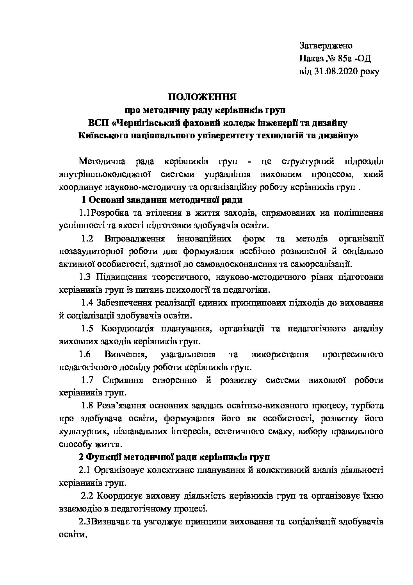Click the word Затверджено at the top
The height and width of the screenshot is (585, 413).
[x=326, y=46]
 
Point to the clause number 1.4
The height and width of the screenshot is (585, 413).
[x=87, y=302]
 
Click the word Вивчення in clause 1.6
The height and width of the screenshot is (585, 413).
[x=125, y=354]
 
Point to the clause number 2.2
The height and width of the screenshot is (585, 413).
[x=87, y=496]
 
